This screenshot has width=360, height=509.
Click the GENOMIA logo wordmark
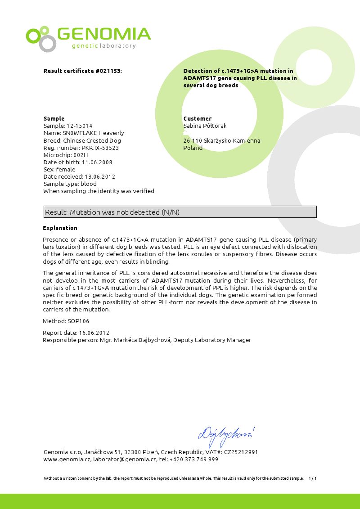[104, 34]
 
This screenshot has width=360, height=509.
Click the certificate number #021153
[108, 71]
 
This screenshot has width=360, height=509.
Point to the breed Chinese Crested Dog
[92, 140]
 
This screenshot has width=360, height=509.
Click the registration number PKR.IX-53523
[100, 148]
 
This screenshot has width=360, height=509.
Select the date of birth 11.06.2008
[97, 162]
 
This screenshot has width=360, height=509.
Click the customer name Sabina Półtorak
[205, 126]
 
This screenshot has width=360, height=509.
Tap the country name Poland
[193, 148]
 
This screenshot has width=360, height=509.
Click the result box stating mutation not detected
[180, 212]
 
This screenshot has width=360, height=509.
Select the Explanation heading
[60, 228]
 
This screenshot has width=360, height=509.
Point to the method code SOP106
[78, 321]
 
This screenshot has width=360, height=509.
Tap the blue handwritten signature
[226, 434]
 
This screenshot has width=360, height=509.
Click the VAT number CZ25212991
[241, 452]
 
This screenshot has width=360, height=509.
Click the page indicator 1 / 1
[313, 478]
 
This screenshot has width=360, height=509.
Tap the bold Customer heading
[198, 119]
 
